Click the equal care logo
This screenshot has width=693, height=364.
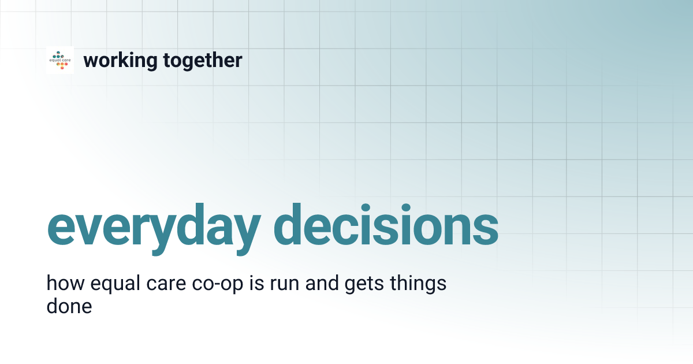point(60,60)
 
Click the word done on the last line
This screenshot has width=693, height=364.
point(69,306)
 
